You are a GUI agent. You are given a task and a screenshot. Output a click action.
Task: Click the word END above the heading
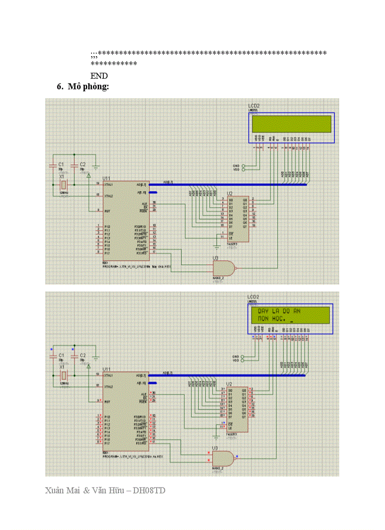point(99,76)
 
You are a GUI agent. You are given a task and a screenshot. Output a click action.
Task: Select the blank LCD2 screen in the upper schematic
point(292,124)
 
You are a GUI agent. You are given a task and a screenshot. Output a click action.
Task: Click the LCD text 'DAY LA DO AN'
point(279,311)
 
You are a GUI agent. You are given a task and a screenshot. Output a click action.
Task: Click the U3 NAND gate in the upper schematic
point(223,269)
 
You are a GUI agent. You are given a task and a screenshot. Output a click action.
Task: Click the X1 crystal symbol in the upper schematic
point(62,185)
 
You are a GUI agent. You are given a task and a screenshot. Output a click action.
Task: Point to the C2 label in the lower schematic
point(83,354)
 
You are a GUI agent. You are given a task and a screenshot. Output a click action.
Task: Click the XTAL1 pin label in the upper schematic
point(109,184)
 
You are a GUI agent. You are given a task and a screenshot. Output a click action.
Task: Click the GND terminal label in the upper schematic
point(236,166)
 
